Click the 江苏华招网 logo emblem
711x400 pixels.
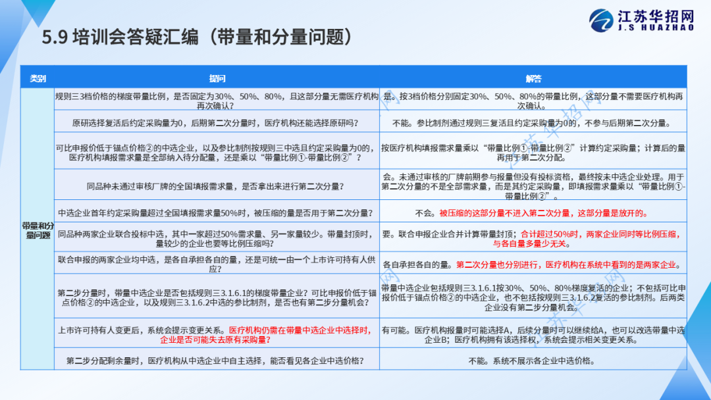tap(601, 20)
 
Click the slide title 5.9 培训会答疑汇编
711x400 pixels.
tap(120, 37)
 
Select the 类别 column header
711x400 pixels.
tap(38, 78)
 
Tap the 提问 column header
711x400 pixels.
tap(217, 78)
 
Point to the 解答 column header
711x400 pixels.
tap(533, 78)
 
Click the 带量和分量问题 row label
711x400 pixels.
tap(38, 230)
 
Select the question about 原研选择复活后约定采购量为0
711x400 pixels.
tap(215, 123)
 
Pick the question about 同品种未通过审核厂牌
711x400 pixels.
tap(215, 186)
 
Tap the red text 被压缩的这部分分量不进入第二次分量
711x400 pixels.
tap(544, 213)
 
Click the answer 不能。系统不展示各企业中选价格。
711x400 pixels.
tap(531, 361)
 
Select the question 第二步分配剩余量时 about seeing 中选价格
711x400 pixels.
tap(215, 361)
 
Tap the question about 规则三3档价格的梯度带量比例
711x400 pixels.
tap(217, 101)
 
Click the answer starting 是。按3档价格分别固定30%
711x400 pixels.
tap(533, 101)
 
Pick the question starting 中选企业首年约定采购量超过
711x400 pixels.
tap(215, 213)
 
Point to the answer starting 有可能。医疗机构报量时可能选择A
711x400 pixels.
tap(533, 335)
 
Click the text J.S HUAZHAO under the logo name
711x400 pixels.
tap(656, 28)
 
